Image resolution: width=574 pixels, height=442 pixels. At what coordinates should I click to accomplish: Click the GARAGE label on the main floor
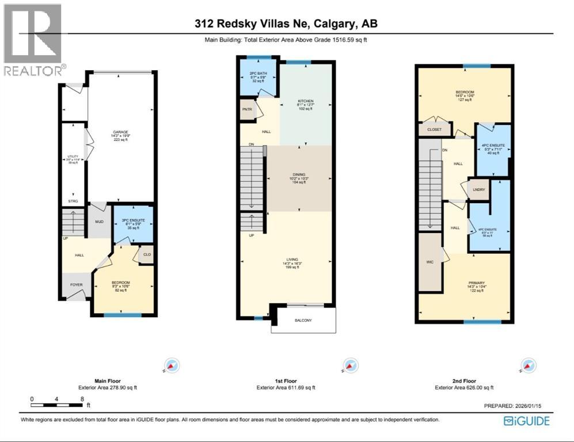click(x=120, y=132)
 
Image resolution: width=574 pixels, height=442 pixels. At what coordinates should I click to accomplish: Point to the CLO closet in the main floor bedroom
click(x=146, y=254)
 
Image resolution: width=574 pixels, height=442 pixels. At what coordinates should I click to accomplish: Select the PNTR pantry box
click(x=248, y=109)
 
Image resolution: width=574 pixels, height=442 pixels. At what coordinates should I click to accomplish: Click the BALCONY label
click(x=303, y=320)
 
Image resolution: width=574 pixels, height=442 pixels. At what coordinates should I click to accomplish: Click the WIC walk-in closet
click(x=428, y=262)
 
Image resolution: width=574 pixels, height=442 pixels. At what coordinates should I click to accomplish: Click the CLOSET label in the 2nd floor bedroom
click(x=435, y=130)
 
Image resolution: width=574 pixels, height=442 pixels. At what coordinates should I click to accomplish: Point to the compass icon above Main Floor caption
click(x=172, y=365)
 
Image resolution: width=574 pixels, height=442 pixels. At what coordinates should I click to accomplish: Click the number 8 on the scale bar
click(x=83, y=398)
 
